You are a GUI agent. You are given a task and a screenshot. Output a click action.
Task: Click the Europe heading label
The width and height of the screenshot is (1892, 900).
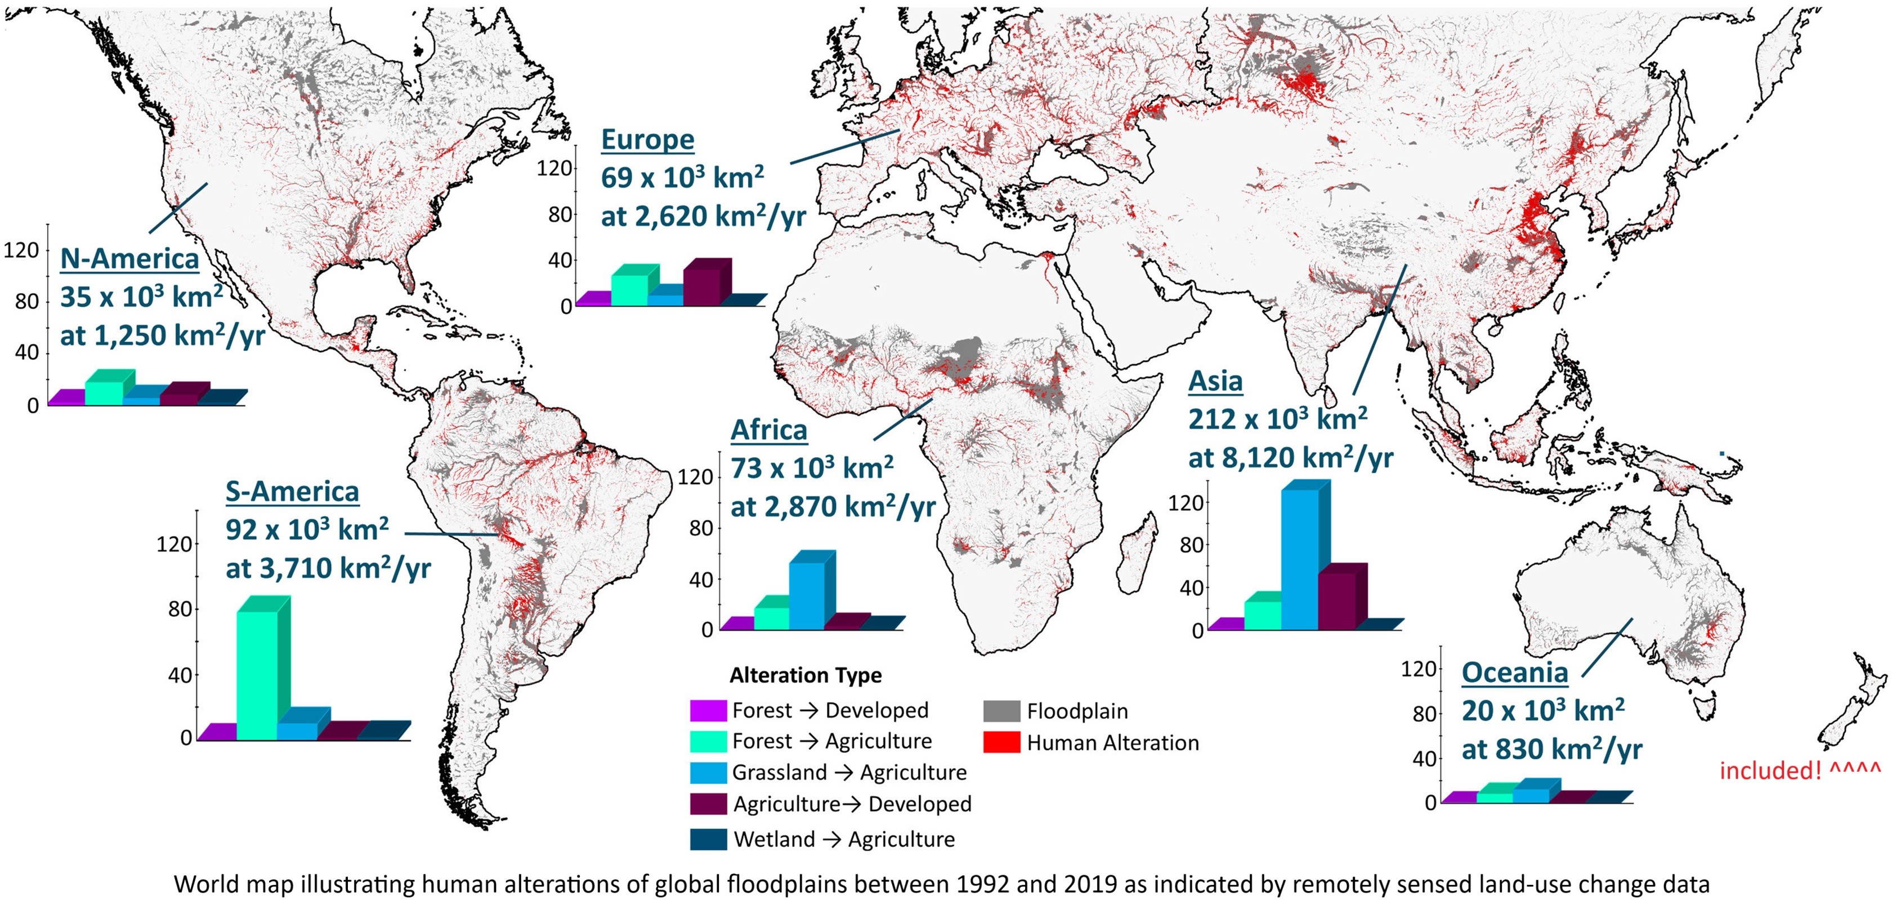click(x=647, y=139)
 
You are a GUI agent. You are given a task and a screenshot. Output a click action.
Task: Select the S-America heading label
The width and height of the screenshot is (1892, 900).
click(x=292, y=491)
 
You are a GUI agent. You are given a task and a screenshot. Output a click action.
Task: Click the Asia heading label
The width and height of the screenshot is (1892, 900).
click(x=1215, y=381)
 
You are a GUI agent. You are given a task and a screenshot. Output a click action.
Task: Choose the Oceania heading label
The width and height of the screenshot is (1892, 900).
click(x=1514, y=672)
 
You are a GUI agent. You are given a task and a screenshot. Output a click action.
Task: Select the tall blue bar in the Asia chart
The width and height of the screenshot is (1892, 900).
click(x=1300, y=558)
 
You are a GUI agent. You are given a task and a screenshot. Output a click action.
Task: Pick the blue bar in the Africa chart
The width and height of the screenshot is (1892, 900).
click(x=807, y=594)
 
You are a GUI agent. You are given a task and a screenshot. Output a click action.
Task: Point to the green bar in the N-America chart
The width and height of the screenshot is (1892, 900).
click(x=104, y=392)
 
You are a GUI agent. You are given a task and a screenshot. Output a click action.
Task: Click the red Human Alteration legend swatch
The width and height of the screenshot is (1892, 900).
click(x=1001, y=742)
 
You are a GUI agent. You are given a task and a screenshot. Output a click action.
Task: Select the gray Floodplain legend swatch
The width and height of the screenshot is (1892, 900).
click(x=1001, y=710)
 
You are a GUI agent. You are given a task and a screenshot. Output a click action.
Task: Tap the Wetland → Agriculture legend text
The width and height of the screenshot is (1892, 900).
click(x=844, y=839)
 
